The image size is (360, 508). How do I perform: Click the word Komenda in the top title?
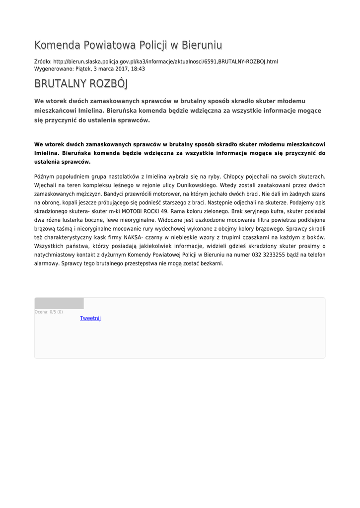point(57,46)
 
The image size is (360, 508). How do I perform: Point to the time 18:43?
point(138,69)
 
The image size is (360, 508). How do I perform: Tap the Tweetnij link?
point(90,318)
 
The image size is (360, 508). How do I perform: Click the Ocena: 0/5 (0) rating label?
point(49,312)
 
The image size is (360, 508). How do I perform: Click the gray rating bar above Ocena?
point(59,303)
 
